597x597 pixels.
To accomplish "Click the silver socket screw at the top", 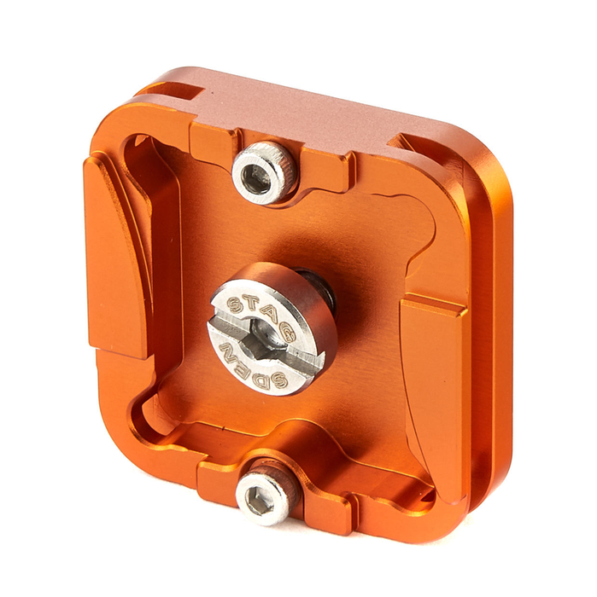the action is click(x=264, y=172).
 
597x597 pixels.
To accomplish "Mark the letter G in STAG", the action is click(x=287, y=332).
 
